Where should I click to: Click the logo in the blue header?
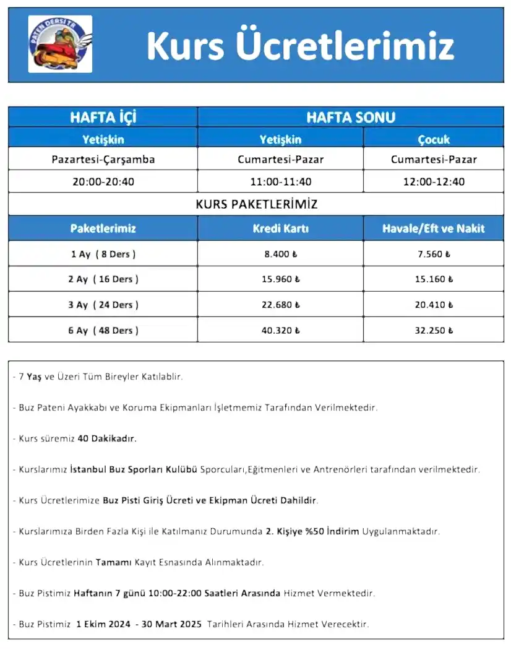tap(60, 44)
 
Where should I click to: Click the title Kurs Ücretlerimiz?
tap(300, 45)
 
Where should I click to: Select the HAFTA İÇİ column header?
tap(103, 117)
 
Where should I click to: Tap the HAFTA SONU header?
tap(350, 117)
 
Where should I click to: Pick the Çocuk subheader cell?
tap(434, 139)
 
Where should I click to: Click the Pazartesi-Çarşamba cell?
tap(103, 159)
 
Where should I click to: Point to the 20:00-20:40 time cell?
tap(103, 182)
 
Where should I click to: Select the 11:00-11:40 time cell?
tap(280, 182)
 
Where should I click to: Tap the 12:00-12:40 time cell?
tap(434, 182)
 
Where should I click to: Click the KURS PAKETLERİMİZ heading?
tap(256, 204)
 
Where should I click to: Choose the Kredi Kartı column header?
tap(280, 229)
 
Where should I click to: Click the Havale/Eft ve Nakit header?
tap(434, 229)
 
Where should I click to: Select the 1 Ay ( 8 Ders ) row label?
tap(103, 254)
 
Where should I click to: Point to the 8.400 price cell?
tap(280, 254)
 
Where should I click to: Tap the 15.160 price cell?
tap(434, 279)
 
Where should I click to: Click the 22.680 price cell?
tap(280, 305)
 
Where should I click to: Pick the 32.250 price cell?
tap(434, 330)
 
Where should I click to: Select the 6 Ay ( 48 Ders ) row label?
tap(103, 330)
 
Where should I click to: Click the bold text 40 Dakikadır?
tap(107, 438)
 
